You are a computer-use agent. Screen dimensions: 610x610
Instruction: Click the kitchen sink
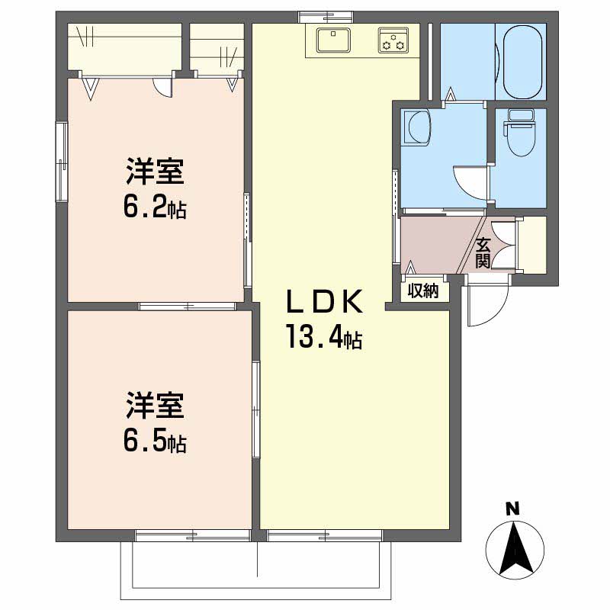click(332, 40)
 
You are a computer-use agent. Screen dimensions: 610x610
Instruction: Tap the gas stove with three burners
click(394, 40)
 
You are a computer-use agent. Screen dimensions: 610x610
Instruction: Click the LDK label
click(322, 303)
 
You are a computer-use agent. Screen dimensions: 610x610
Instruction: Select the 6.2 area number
click(148, 206)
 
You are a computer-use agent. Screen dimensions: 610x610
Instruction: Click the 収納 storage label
click(423, 291)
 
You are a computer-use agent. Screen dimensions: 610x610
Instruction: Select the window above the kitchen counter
click(326, 15)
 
